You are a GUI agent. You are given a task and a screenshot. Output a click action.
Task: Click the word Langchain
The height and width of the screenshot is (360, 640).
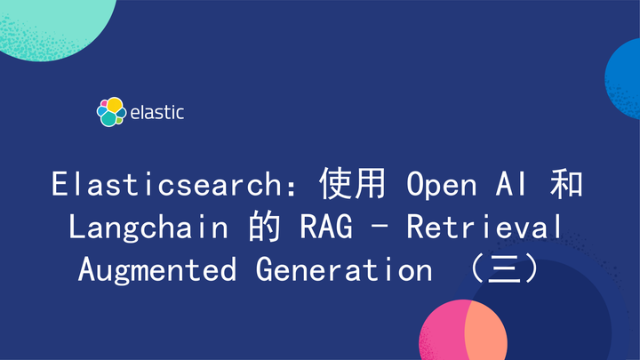148,227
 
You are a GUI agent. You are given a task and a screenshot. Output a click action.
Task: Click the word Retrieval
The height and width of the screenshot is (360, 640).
484,227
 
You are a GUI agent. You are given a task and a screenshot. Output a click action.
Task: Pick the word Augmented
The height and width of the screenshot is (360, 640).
157,268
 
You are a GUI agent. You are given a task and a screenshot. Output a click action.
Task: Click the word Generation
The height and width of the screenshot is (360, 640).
343,268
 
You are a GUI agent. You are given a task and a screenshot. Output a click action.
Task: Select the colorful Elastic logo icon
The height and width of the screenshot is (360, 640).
110,112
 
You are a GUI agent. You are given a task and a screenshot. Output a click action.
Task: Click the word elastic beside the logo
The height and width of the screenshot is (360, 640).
157,113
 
